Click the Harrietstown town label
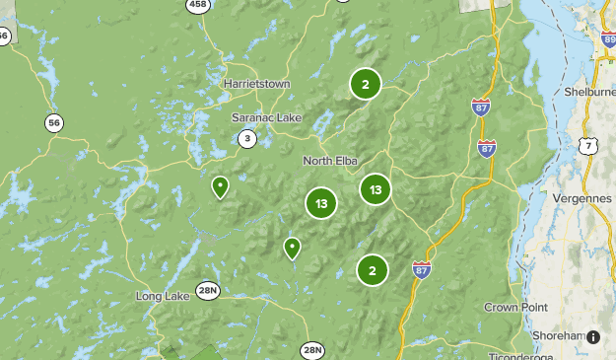tap(256, 84)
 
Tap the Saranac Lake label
tap(266, 117)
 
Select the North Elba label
tap(331, 161)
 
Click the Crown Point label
tap(514, 307)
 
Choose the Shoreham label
tap(557, 335)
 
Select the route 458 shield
tap(198, 5)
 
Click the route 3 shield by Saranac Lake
tap(246, 139)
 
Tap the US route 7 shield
tap(587, 146)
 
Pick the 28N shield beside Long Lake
tap(208, 290)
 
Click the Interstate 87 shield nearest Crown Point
tap(421, 268)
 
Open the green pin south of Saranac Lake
tap(221, 186)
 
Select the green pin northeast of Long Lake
tap(292, 247)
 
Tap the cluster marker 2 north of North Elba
tap(365, 85)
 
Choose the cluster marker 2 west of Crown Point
tap(372, 269)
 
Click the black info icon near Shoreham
tap(593, 337)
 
